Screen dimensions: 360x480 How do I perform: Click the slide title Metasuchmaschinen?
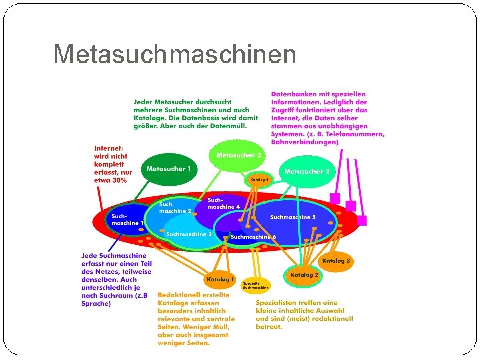click(x=175, y=54)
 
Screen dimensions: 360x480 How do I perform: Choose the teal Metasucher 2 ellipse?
click(x=307, y=171)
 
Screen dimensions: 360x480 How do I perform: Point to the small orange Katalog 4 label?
click(x=260, y=179)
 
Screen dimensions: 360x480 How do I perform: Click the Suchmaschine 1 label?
click(x=127, y=219)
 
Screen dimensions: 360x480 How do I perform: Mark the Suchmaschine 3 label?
click(x=189, y=234)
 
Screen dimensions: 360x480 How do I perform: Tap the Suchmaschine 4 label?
click(x=223, y=203)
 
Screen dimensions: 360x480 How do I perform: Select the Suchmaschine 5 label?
click(x=293, y=217)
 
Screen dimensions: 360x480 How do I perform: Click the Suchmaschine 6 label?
click(x=253, y=237)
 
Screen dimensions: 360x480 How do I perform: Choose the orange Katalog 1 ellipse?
click(x=221, y=279)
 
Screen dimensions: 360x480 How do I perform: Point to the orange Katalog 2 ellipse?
click(x=305, y=275)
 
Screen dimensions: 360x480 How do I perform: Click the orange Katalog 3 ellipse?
click(x=336, y=260)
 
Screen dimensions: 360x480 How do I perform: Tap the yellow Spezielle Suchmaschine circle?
click(x=255, y=285)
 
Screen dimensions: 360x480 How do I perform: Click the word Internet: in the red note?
click(x=108, y=149)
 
